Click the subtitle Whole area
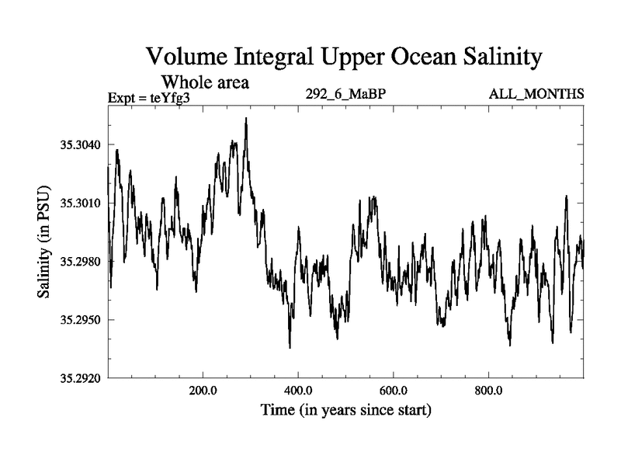[205, 82]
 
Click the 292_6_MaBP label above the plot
[345, 95]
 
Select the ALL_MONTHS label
[536, 95]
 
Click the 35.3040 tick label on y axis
[77, 145]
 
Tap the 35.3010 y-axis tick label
[77, 203]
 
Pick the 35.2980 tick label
[77, 262]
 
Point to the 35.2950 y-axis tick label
[77, 320]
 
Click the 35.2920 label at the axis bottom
[77, 378]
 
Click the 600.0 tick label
[394, 390]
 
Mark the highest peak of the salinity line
[246, 119]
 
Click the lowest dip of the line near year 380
[290, 347]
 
